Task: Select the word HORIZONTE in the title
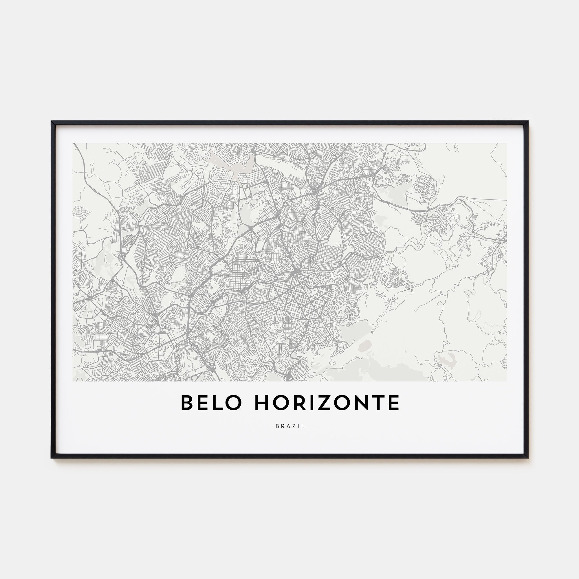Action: pos(327,403)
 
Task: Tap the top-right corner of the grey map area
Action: pos(506,144)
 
